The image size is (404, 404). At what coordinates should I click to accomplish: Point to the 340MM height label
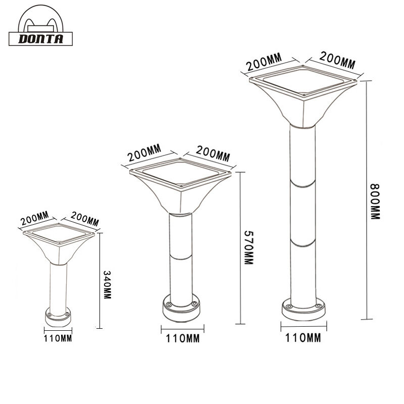click(x=107, y=285)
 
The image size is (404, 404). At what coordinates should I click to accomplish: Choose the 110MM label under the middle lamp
click(x=182, y=338)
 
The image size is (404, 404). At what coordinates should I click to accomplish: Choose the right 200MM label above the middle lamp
click(x=212, y=153)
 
